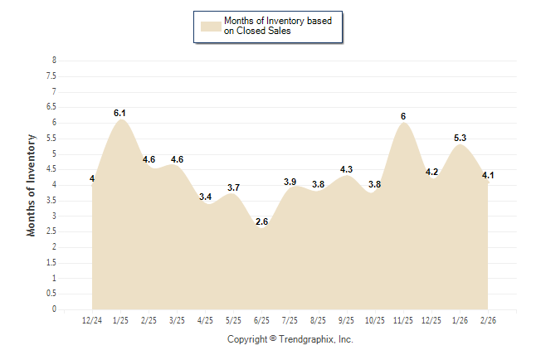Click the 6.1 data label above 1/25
tap(119, 112)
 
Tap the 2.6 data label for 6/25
tap(261, 221)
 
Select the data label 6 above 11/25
tap(403, 116)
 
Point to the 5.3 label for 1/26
tap(460, 138)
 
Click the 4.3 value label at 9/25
tap(347, 169)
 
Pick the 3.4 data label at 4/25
tap(205, 197)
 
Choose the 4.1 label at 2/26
tap(488, 175)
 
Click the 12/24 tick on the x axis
tap(92, 319)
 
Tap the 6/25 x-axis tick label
tap(261, 319)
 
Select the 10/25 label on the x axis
tap(375, 319)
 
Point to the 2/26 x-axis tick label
tap(488, 319)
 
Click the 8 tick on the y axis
tap(54, 61)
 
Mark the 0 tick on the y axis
tap(54, 309)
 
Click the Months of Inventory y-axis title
tap(32, 185)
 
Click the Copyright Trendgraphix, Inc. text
tap(290, 339)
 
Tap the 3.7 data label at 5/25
tap(233, 187)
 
